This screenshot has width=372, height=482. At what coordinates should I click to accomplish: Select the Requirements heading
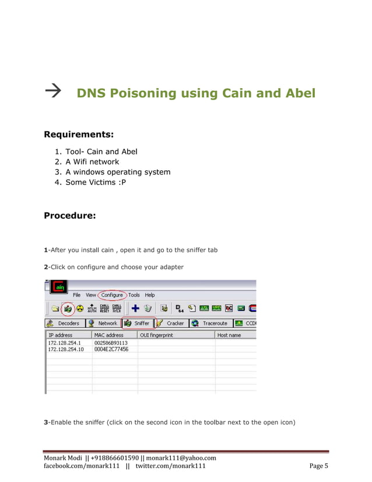point(79,135)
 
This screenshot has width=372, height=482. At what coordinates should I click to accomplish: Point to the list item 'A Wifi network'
point(92,162)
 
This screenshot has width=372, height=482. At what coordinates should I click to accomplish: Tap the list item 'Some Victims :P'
point(96,182)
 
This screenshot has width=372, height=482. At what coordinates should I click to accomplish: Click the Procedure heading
point(70,215)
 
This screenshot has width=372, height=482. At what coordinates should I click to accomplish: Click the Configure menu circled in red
point(111,295)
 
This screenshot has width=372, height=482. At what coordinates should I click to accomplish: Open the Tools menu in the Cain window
point(134,295)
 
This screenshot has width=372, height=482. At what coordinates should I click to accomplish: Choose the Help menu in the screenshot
point(150,295)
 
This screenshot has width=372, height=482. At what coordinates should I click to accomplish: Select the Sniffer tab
point(138,323)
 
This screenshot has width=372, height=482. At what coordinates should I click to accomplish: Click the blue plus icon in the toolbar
point(134,308)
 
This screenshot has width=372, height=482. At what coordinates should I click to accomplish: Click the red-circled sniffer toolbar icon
point(68,308)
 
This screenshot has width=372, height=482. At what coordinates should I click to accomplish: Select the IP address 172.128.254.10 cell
point(66,349)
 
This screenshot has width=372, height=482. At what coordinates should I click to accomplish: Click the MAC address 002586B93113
point(111,343)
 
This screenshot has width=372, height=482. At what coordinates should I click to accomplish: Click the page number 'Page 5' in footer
point(319,466)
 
